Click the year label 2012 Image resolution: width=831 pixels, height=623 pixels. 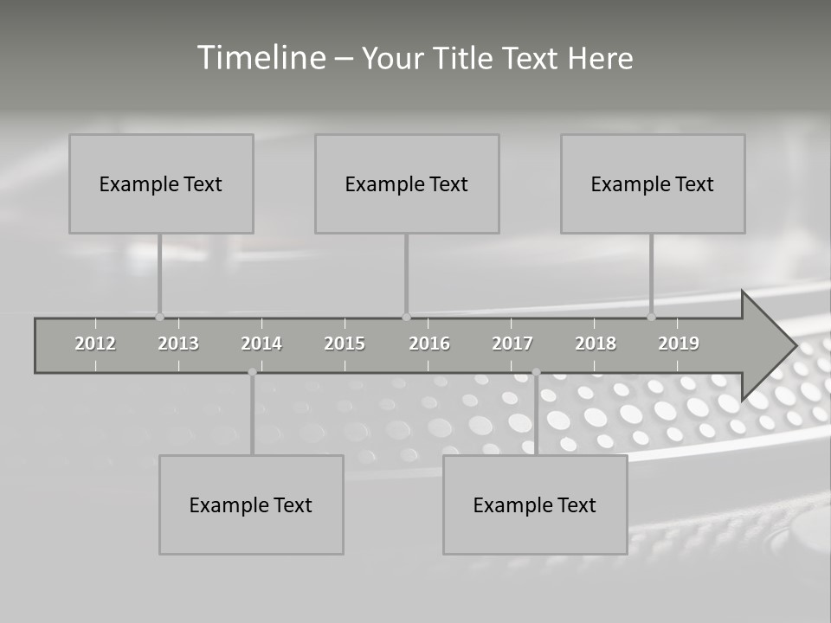(95, 344)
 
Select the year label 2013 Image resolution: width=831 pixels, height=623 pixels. (178, 344)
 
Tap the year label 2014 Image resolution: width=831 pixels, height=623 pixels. (261, 344)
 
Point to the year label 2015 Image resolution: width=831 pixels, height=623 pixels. (345, 344)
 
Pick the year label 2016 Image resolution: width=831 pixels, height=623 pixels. (429, 344)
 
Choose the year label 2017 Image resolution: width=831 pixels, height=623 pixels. (512, 344)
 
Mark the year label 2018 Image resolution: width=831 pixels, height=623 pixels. (596, 344)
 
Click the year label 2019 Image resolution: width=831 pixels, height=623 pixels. (679, 344)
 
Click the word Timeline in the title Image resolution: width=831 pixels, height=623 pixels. (261, 58)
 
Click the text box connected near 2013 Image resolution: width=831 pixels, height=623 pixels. (161, 183)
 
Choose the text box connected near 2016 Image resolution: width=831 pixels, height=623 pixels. (407, 183)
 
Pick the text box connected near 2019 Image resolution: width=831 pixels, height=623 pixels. (653, 183)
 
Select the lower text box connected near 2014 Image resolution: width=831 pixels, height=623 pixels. (251, 504)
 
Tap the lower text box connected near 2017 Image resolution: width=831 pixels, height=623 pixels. (535, 504)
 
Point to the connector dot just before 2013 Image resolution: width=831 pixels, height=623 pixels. (160, 317)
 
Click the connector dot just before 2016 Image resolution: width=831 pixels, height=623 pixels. (406, 317)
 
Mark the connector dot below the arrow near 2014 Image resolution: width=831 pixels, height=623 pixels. (252, 372)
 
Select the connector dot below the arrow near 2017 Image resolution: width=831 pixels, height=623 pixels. (536, 372)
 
